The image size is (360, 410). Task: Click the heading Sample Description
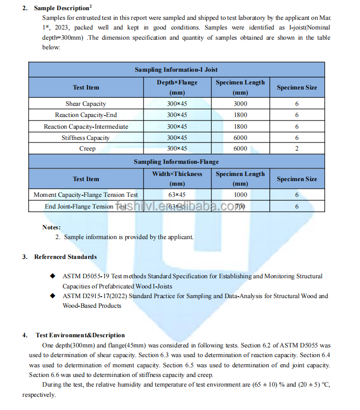pos(62,8)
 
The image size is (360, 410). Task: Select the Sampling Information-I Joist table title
pos(176,70)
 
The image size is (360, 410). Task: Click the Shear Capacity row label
pos(86,104)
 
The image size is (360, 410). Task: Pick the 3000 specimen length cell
pos(240,104)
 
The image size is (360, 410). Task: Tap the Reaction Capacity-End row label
pos(86,115)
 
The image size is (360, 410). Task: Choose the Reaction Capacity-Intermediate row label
pos(86,126)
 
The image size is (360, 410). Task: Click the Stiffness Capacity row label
pos(86,137)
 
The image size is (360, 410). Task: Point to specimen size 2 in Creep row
pos(297,149)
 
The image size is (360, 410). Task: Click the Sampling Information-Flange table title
pos(176,162)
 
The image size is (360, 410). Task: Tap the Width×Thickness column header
pos(177,174)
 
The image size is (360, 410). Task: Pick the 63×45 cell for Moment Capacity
pos(177,195)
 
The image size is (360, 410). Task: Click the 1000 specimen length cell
pos(240,195)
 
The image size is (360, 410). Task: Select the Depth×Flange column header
pos(177,82)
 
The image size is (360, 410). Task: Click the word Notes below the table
pos(51,227)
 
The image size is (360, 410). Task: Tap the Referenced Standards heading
pos(65,257)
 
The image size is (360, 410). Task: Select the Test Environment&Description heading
pos(80,335)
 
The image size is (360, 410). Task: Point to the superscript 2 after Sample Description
pos(91,6)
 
